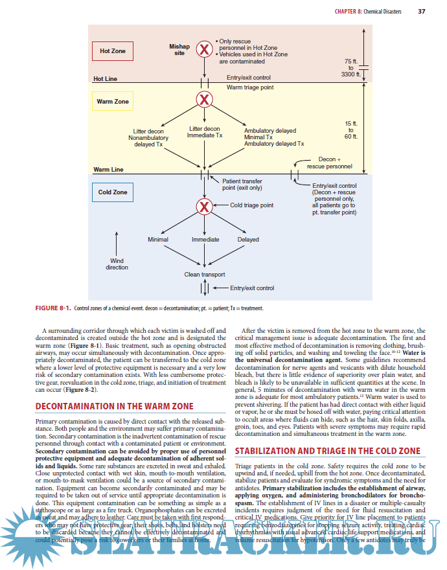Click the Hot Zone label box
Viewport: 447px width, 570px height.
coord(113,51)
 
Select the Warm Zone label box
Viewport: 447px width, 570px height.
coord(113,102)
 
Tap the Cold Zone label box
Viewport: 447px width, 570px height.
coord(113,192)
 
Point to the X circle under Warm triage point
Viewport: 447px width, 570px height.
coord(205,100)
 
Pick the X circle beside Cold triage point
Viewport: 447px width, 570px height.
coord(205,207)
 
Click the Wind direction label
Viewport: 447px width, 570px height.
coord(117,264)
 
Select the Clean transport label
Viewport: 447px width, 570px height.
coord(205,274)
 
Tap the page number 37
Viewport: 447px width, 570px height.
coord(422,12)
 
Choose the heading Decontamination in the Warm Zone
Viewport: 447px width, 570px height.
coord(113,406)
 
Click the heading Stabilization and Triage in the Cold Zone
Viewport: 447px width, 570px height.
coord(327,451)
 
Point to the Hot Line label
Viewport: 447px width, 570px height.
coord(106,79)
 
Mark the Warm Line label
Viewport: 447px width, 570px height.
coord(108,170)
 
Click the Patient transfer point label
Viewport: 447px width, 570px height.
coord(242,185)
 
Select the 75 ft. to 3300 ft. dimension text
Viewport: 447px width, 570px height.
coord(350,67)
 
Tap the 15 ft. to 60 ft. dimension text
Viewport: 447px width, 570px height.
coord(350,130)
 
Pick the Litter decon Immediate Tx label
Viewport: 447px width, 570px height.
coord(205,132)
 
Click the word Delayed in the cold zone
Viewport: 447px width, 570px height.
coord(248,240)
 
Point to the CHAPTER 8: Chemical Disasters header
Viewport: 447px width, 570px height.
coord(368,12)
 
